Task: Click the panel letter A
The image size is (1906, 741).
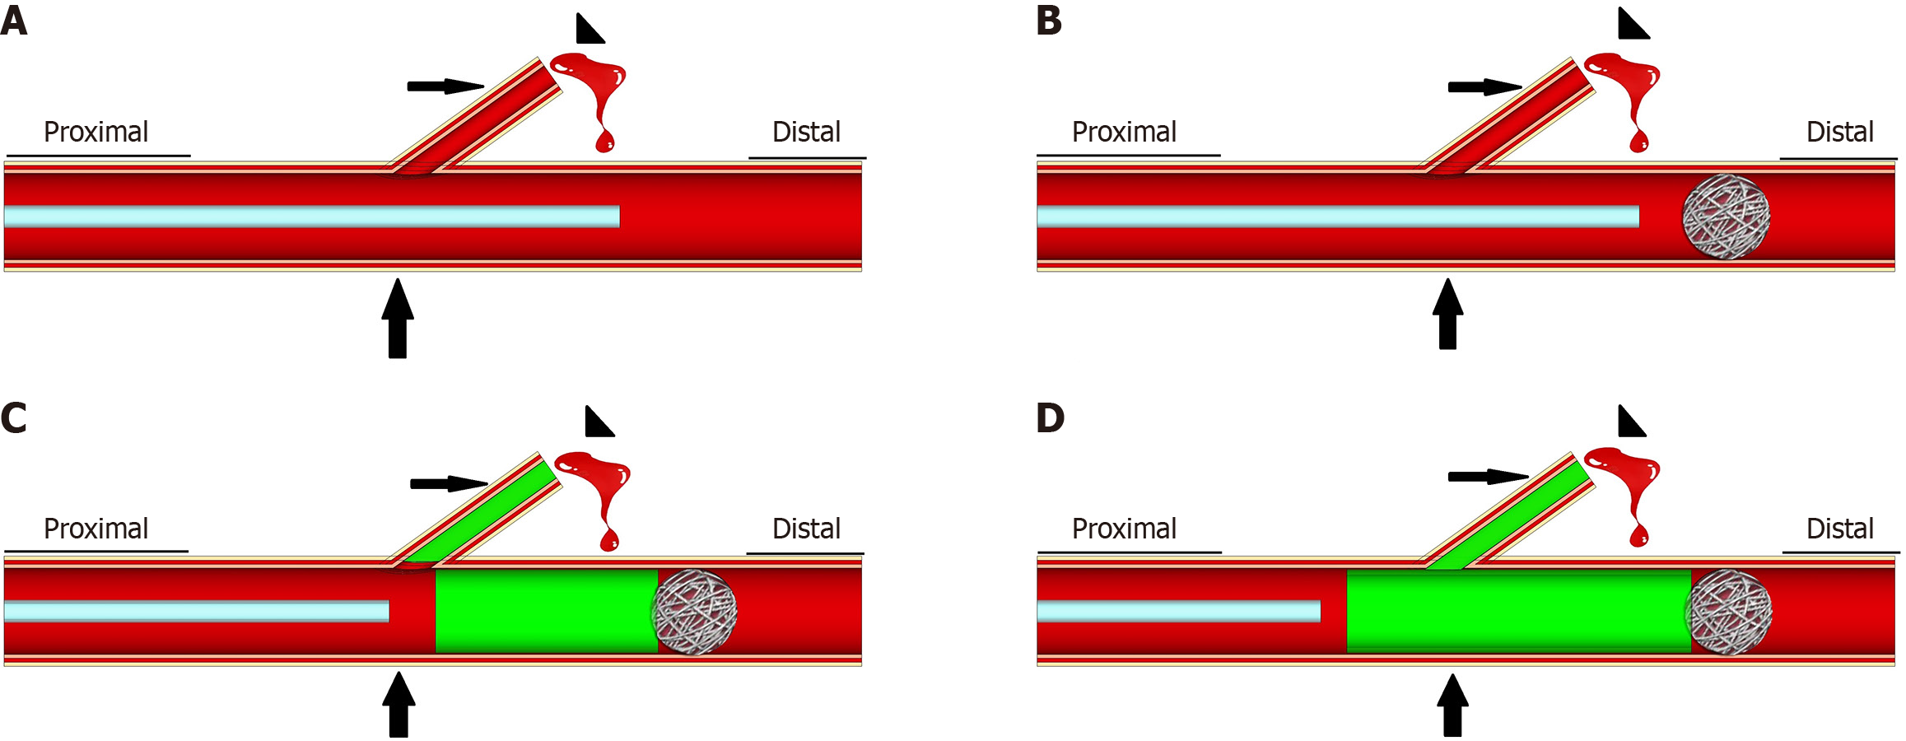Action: pyautogui.click(x=14, y=21)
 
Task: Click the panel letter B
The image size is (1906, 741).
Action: pyautogui.click(x=1049, y=21)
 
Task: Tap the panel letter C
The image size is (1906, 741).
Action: pyautogui.click(x=14, y=418)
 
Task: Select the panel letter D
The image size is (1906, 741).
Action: pyautogui.click(x=1051, y=418)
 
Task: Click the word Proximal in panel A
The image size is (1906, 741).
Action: pyautogui.click(x=96, y=132)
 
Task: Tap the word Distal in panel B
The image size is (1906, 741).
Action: pyautogui.click(x=1839, y=132)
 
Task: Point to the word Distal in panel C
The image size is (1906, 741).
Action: pyautogui.click(x=806, y=529)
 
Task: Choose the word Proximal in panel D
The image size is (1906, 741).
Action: pyautogui.click(x=1124, y=529)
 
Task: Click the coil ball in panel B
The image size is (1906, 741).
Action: pyautogui.click(x=1726, y=217)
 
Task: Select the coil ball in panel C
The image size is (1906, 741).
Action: pyautogui.click(x=694, y=612)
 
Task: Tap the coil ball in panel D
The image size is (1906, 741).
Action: pyautogui.click(x=1728, y=613)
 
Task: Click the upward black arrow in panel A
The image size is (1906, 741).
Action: pyautogui.click(x=398, y=319)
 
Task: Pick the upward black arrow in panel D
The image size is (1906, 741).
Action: pyautogui.click(x=1452, y=706)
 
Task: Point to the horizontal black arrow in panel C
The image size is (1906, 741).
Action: pyautogui.click(x=448, y=483)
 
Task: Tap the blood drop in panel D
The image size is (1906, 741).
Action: pyautogui.click(x=1629, y=486)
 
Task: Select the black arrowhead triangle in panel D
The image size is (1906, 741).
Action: pyautogui.click(x=1629, y=423)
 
